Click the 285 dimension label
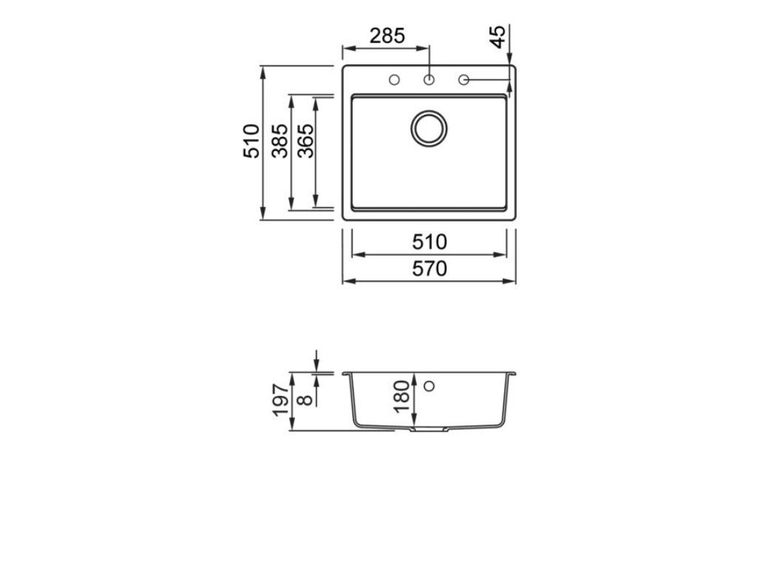click(387, 35)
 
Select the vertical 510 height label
click(251, 141)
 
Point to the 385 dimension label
click(279, 141)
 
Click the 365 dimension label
click(305, 141)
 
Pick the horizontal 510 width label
click(430, 242)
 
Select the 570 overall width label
click(430, 269)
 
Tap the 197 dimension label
click(280, 400)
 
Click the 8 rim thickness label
click(303, 400)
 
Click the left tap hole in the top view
click(394, 80)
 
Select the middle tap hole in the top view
click(429, 80)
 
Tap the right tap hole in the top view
click(464, 80)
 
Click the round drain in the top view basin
click(429, 128)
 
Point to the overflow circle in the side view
click(429, 385)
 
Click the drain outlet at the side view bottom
click(429, 429)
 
